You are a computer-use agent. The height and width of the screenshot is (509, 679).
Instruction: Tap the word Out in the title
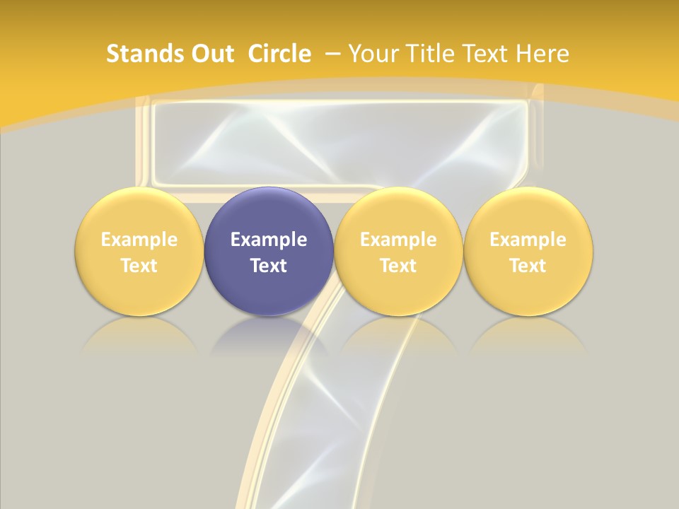coord(211,54)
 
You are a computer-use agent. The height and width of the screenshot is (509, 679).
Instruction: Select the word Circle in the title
coord(279,54)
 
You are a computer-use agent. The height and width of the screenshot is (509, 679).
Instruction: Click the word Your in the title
coord(371,54)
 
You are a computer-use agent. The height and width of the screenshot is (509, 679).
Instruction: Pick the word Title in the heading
coord(427,54)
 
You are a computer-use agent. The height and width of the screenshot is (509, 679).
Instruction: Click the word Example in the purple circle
coord(269,240)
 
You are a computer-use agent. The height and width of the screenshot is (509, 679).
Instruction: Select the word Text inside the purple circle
coord(269,266)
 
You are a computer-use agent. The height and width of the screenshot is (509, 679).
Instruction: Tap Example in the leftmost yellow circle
coord(139,240)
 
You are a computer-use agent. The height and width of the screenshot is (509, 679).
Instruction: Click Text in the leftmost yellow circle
coord(139,266)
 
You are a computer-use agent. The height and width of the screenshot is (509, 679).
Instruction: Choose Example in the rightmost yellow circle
coord(528,240)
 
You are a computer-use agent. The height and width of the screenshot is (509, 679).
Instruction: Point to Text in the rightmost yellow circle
coord(528,266)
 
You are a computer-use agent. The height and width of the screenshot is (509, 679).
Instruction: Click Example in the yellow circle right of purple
coord(398,240)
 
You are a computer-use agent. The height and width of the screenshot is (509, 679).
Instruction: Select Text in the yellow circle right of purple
coord(398,266)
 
